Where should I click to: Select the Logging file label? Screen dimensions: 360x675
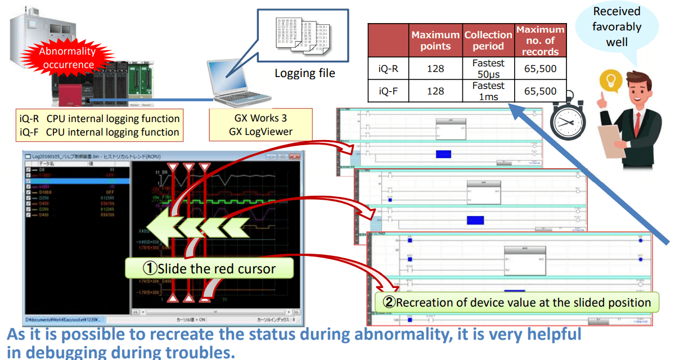click(x=304, y=73)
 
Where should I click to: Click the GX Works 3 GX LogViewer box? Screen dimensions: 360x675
click(x=260, y=125)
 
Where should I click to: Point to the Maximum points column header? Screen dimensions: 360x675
click(x=435, y=40)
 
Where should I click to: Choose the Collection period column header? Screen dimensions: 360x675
click(x=488, y=40)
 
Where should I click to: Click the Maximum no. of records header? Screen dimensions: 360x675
click(x=540, y=40)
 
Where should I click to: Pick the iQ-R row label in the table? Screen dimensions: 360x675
click(x=388, y=69)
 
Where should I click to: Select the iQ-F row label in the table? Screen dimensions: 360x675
click(x=388, y=91)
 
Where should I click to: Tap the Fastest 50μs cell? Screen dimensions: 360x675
click(x=488, y=69)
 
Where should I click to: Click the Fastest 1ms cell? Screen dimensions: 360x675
click(x=488, y=91)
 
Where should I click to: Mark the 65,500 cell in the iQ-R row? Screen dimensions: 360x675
click(x=540, y=69)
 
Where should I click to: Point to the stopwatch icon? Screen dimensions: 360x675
click(x=568, y=118)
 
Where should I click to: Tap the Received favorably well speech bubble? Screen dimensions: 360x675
click(x=616, y=28)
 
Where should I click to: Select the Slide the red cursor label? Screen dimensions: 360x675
click(x=209, y=268)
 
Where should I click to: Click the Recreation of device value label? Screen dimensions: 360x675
click(x=516, y=302)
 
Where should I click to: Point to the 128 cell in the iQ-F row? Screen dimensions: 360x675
click(x=435, y=91)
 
